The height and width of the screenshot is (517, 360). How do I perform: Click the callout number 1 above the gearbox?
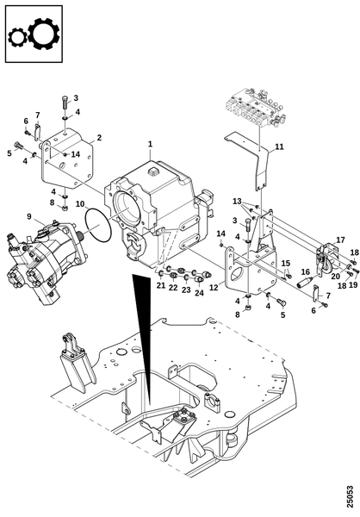(151, 144)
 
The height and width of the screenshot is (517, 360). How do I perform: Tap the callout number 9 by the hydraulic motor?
(29, 216)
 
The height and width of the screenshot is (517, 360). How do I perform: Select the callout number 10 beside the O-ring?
(80, 204)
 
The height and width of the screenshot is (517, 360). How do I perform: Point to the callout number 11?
(279, 146)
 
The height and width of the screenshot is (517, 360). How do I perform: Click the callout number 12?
(214, 288)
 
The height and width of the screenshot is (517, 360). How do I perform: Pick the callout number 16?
(306, 271)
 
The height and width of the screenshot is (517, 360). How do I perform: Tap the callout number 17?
(340, 240)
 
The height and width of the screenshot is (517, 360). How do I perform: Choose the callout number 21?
(161, 285)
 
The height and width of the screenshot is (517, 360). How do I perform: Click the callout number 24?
(199, 292)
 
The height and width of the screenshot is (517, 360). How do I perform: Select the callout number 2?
(99, 138)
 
